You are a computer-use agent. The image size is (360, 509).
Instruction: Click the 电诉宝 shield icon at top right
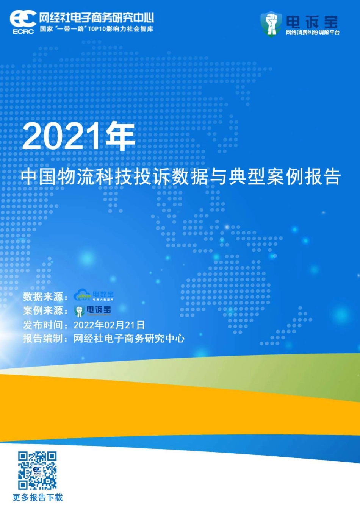coord(271,23)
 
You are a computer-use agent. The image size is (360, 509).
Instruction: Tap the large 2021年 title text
coord(79,137)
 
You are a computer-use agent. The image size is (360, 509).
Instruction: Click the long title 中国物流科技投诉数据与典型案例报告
coord(181,177)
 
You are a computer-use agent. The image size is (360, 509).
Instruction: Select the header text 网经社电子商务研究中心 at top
coord(97,17)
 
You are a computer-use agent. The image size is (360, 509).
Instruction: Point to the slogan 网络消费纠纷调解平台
coord(313,33)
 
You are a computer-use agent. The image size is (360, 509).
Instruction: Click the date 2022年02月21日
coord(109,325)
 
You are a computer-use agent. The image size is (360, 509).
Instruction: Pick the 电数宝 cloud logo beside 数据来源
coord(93,295)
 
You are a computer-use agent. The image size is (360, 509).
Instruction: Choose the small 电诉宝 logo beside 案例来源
coord(93,311)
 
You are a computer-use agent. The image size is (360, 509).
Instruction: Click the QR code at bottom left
coord(38,470)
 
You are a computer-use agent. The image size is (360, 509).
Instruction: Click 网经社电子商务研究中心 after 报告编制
coord(129,339)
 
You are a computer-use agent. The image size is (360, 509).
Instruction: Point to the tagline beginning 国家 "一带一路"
coord(97,29)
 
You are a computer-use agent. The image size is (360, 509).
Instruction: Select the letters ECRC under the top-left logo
coord(23,32)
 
